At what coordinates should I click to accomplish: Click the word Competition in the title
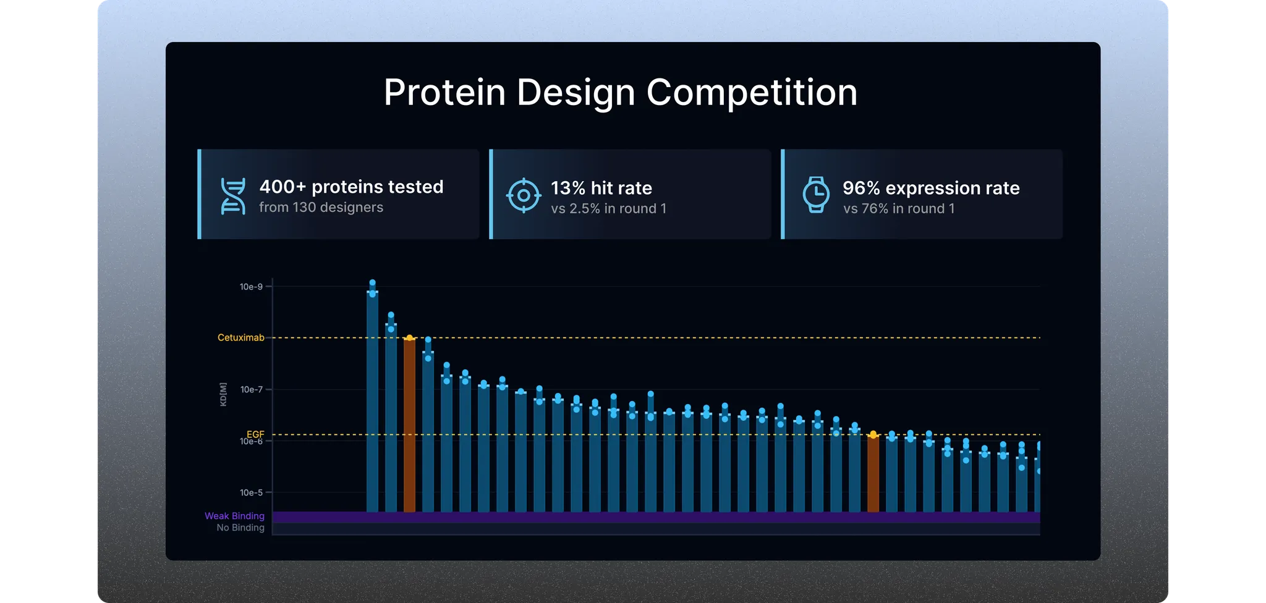(752, 93)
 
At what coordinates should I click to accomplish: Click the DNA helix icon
(232, 196)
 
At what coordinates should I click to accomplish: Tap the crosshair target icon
(524, 195)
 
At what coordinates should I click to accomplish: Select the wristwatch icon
(816, 195)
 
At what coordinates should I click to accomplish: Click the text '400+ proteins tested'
(351, 187)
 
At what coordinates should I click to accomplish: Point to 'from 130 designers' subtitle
(321, 208)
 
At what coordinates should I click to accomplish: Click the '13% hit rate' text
(601, 188)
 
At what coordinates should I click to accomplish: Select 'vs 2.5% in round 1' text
(608, 209)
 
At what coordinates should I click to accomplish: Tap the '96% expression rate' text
(930, 188)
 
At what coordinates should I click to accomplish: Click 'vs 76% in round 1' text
(898, 209)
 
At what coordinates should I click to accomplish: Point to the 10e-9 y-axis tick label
(251, 287)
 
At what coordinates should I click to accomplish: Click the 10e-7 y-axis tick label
(251, 389)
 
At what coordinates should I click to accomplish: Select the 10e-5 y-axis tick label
(251, 492)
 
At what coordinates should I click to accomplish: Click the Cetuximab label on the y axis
(240, 337)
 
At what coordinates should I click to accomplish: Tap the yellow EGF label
(255, 434)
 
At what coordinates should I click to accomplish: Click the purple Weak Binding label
(234, 516)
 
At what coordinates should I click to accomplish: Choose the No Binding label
(240, 528)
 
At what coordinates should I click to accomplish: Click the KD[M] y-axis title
(223, 394)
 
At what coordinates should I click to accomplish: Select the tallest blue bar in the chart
(372, 402)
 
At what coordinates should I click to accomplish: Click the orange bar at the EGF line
(873, 473)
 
